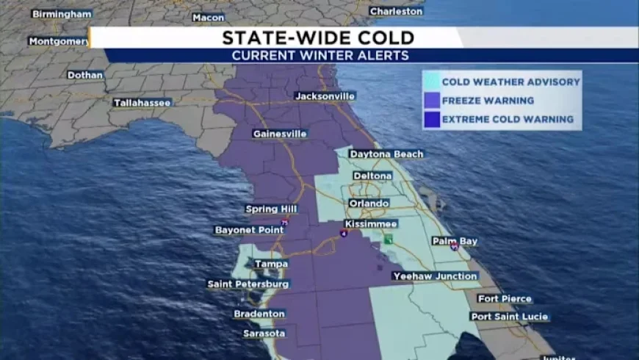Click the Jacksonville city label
pos(325,96)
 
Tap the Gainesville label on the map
pos(279,134)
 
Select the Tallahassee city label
pos(142,103)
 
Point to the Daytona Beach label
pos(386,154)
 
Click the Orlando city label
pos(369,203)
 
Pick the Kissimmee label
pos(371,223)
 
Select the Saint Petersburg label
pos(248,284)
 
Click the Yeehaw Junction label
pos(435,276)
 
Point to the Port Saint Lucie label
pos(509,317)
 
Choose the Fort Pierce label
pos(505,298)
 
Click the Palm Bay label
pos(455,241)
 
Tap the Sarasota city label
pos(264,334)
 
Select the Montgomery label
pos(59,41)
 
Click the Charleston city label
pos(396,11)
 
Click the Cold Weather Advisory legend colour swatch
pos(432,82)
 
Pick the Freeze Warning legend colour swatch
pos(432,101)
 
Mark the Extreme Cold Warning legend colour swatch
pos(432,119)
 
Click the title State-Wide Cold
pos(318,37)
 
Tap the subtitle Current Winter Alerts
pos(320,56)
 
